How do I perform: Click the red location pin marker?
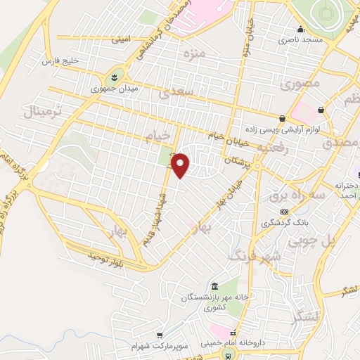coord(181,165)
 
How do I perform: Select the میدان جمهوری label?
coord(115,90)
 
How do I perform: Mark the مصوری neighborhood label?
coord(300,84)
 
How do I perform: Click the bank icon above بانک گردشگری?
coord(284,212)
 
